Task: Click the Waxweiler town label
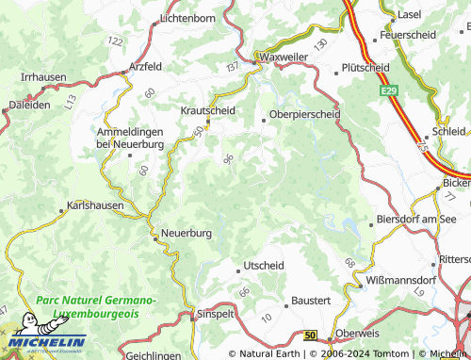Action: (284, 57)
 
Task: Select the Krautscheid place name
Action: (207, 110)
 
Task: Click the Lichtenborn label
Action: (188, 18)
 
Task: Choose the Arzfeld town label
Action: (145, 66)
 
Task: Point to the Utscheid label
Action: (264, 267)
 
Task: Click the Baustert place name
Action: (311, 301)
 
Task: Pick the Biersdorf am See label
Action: (415, 218)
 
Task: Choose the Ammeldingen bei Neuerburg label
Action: (130, 138)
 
